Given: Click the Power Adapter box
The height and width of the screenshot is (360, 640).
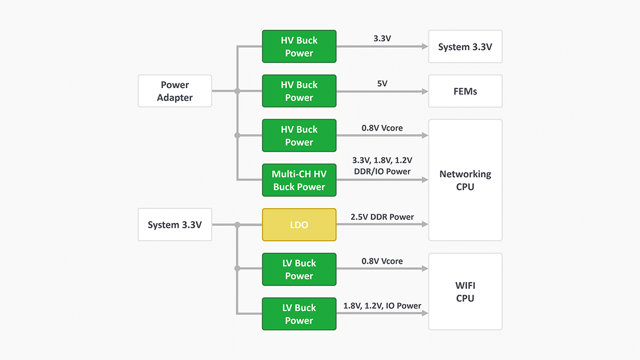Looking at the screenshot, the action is pos(175,91).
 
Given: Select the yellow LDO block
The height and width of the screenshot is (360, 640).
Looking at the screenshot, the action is pos(299,225).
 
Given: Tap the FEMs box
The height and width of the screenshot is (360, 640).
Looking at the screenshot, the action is pos(465,91).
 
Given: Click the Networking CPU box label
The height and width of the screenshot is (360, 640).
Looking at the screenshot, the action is pos(465,180).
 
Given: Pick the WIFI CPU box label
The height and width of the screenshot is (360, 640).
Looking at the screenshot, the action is pos(465,292).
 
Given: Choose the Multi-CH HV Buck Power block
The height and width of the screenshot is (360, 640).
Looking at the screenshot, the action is pos(299,180).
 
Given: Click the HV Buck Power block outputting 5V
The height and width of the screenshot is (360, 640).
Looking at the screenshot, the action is pos(299,91).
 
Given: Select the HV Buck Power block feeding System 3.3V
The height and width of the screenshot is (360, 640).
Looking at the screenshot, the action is pos(299,46).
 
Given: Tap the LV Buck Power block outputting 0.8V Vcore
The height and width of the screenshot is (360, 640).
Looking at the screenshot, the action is pos(299,269).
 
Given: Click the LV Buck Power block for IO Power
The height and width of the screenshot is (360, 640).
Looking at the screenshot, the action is pos(299,314).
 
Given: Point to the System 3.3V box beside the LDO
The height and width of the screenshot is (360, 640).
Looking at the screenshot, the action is pos(175,225).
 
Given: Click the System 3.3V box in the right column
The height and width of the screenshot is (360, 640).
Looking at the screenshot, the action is pos(465,46).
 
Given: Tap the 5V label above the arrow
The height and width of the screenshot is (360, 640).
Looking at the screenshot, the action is pos(382,83).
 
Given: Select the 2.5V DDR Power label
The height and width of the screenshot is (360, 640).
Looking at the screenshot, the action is pos(382,217).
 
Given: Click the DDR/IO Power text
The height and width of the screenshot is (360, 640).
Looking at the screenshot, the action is pos(382,172).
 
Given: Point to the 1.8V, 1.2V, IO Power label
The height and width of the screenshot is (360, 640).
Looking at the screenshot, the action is pos(382,306).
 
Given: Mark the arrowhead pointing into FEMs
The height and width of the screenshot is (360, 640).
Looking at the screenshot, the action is pos(425,91).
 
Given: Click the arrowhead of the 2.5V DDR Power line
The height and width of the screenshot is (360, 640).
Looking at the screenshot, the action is pos(425,225).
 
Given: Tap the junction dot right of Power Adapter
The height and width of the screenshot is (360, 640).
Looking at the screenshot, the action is pos(237,91).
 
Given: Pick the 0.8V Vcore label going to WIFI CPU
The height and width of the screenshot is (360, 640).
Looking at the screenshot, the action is pos(382,261).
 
